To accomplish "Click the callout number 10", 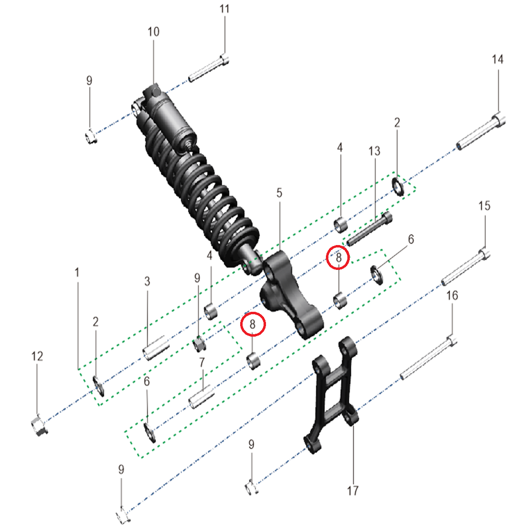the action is coord(153,32).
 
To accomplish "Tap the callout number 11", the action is coord(225,9).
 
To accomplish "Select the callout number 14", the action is coord(497,59).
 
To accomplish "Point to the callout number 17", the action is coord(353,491).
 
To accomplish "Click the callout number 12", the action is coord(37,356).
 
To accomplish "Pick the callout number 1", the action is coord(77,272).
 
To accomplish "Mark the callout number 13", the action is coord(375,151).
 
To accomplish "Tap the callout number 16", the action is coord(452,296).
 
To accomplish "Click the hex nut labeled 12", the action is coord(39,424).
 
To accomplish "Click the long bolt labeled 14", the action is coord(481,133).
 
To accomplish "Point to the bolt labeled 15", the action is coord(466,267).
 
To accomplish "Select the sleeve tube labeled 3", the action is coord(156,348).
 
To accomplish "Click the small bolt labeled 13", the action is coord(369,229).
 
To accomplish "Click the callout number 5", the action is coord(279,193).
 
